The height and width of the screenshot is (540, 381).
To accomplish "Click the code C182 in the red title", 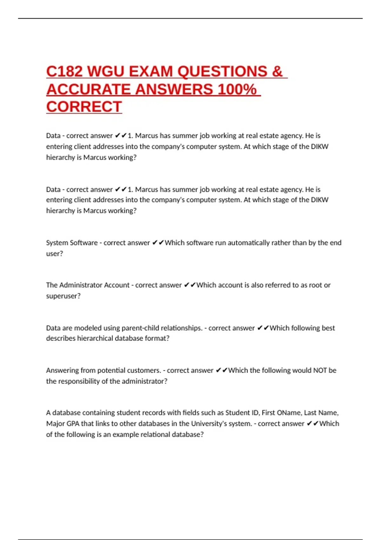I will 64,71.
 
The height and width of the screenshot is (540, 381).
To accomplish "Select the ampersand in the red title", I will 277,71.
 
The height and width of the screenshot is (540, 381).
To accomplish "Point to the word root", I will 315,285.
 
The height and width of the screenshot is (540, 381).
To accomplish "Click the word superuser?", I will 63,296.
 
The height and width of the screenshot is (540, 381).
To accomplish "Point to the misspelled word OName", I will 289,413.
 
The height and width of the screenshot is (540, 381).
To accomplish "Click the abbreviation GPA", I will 73,423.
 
